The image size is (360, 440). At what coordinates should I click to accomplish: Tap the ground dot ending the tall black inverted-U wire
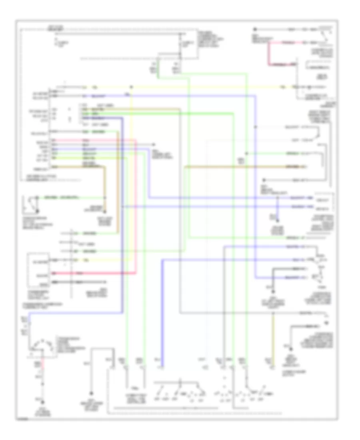[91, 394]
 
